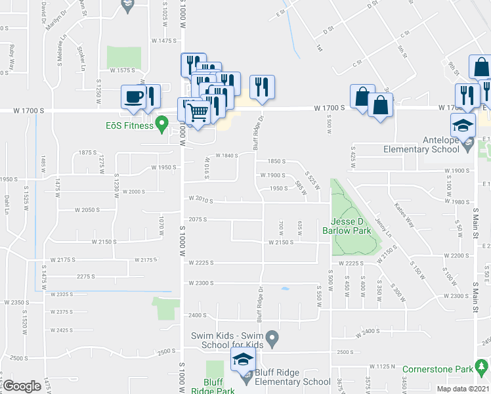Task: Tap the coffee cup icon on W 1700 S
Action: (133, 97)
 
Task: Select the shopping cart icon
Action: (198, 112)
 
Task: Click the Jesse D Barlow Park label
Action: (347, 227)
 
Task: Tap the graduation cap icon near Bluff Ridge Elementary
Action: (242, 359)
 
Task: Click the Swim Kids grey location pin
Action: (275, 339)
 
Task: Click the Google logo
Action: (22, 385)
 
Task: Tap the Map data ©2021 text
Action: (463, 389)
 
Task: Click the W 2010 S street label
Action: (202, 199)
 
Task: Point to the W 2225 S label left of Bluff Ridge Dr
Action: (202, 263)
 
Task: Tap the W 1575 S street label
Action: (123, 70)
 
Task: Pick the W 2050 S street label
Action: (87, 210)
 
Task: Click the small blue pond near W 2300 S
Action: (284, 288)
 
